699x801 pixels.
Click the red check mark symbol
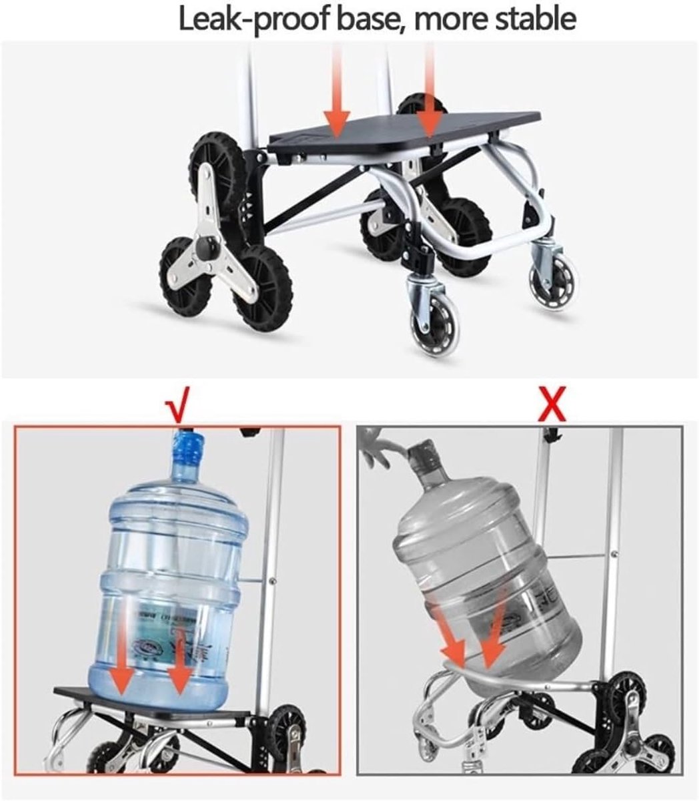pyautogui.click(x=177, y=404)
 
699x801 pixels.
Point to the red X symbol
pyautogui.click(x=552, y=404)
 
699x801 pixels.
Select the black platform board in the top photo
pyautogui.click(x=404, y=132)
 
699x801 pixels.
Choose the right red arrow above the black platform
pyautogui.click(x=430, y=91)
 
